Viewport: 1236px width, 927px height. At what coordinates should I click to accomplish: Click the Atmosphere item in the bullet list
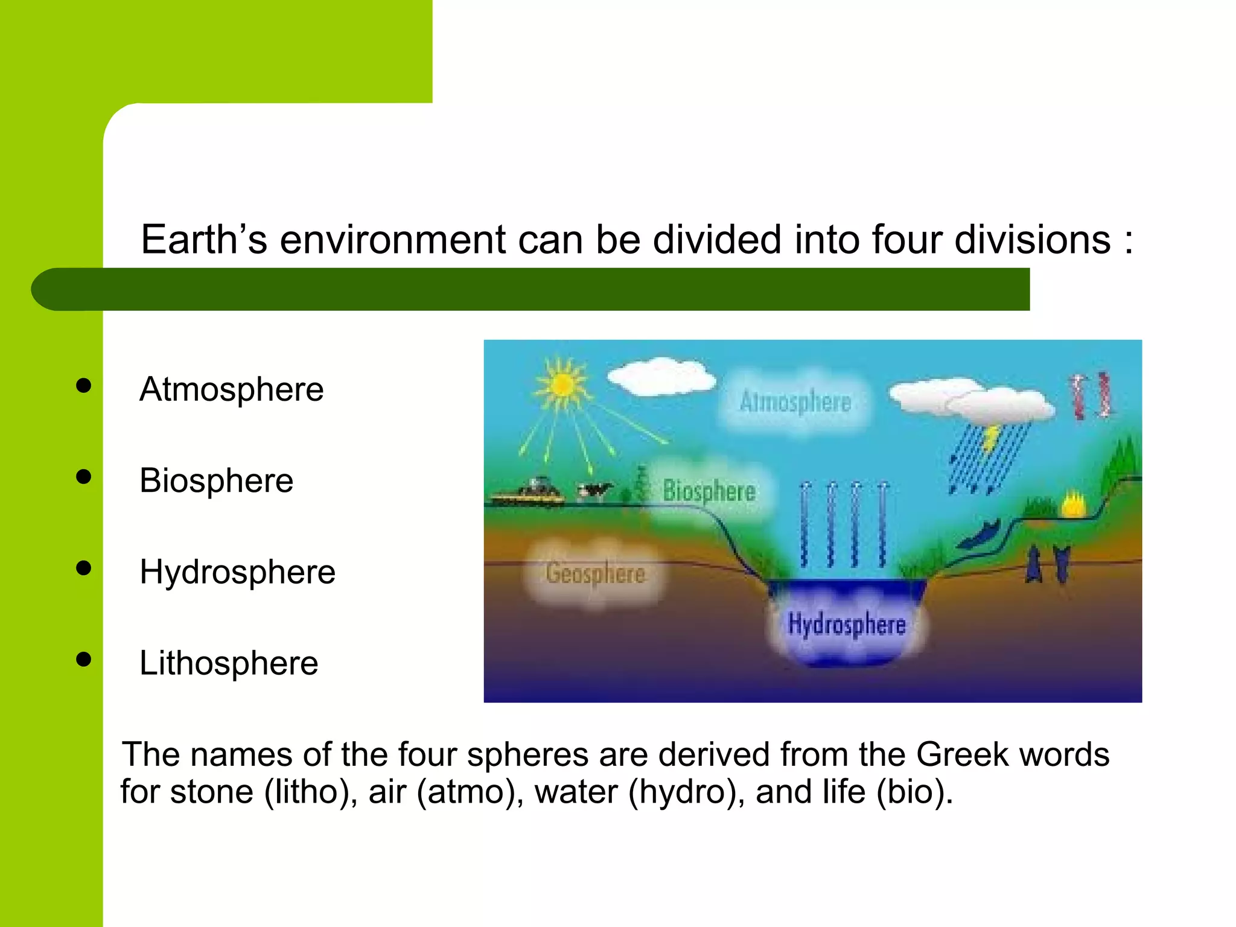231,389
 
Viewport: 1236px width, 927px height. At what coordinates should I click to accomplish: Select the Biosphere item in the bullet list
216,481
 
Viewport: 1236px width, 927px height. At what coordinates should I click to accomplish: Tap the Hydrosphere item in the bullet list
237,572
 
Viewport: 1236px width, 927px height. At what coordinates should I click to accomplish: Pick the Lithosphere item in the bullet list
228,663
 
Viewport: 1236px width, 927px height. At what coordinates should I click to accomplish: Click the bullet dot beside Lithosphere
84,659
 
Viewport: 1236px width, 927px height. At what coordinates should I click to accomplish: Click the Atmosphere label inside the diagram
795,403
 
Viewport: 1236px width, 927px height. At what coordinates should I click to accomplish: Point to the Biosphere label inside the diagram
709,491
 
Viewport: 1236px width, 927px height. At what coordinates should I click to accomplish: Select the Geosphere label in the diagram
595,573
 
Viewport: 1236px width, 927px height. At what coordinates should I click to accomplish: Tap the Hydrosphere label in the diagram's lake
847,625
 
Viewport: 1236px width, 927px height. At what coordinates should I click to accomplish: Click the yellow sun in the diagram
562,384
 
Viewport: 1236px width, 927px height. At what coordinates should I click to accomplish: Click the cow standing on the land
594,490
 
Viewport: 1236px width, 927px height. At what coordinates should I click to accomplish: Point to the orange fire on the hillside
1074,505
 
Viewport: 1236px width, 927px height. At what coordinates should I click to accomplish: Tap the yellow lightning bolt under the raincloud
990,438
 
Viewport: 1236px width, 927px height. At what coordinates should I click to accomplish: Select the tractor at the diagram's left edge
530,492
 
